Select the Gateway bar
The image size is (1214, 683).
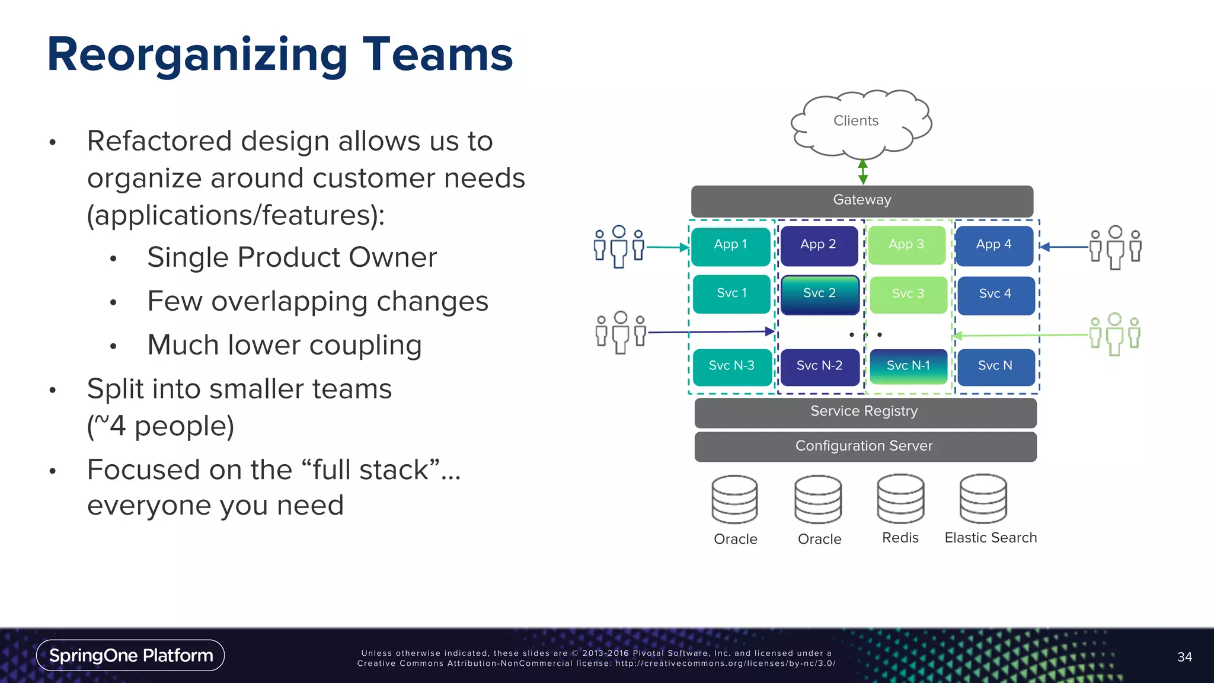click(x=862, y=200)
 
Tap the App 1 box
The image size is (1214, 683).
click(x=730, y=245)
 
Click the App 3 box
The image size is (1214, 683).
click(x=906, y=245)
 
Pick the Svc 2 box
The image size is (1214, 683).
click(x=819, y=294)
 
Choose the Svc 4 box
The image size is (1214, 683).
click(x=995, y=295)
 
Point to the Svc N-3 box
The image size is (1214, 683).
click(x=731, y=366)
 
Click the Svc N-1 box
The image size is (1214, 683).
click(x=908, y=366)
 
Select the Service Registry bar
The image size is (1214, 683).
click(x=865, y=412)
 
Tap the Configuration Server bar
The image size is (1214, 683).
click(x=865, y=446)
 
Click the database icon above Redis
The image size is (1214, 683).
click(x=900, y=499)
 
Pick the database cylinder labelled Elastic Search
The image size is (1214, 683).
click(x=983, y=499)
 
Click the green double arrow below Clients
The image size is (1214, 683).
click(x=863, y=172)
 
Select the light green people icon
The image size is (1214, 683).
click(x=1114, y=334)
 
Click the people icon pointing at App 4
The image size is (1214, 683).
click(x=1115, y=247)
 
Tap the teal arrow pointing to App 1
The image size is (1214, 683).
click(x=667, y=247)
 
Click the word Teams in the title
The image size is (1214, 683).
click(x=437, y=55)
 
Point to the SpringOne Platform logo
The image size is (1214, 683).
click(x=130, y=655)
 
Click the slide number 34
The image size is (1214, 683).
click(x=1184, y=657)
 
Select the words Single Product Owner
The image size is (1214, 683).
click(x=292, y=258)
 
